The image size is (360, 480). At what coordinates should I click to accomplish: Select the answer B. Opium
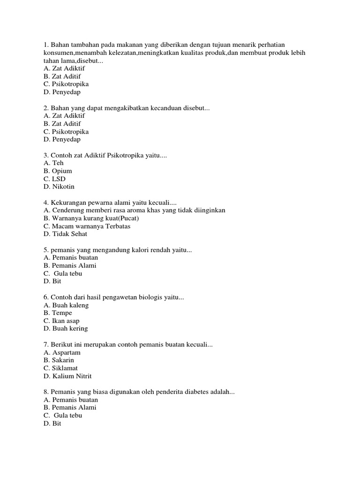58,171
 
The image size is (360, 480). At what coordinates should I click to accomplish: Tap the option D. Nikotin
59,187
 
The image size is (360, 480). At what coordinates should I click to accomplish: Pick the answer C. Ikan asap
61,321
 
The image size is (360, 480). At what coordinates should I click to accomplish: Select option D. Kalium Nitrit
67,376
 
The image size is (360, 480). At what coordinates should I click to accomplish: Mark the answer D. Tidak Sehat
65,234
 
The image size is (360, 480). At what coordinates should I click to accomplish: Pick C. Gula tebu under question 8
63,416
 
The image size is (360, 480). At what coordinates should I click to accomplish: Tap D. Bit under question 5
52,282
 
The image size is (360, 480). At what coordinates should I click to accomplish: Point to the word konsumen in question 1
57,53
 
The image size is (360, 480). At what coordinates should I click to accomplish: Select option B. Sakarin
59,360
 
